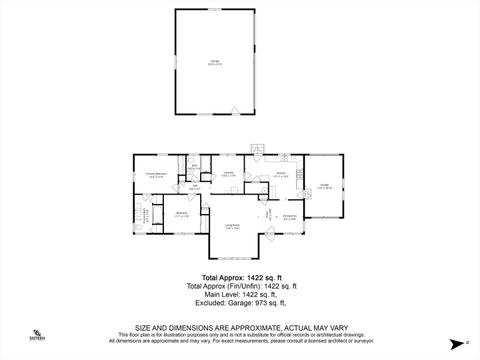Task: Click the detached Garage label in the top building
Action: click(x=216, y=62)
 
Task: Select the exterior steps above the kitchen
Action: click(x=256, y=156)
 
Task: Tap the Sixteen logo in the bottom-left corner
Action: click(x=37, y=334)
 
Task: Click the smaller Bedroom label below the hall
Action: click(x=183, y=214)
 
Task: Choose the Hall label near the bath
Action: click(x=193, y=187)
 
